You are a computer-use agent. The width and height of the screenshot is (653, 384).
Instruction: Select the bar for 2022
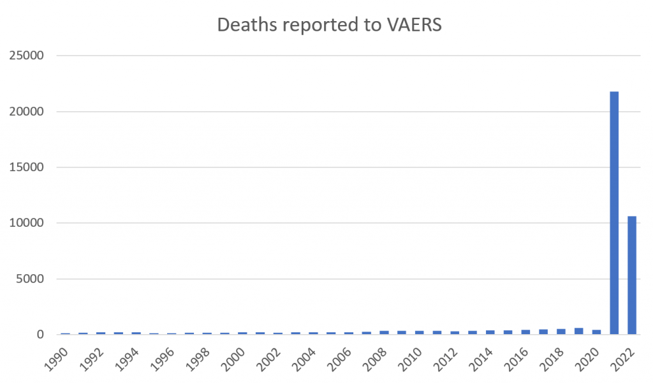[x=632, y=275]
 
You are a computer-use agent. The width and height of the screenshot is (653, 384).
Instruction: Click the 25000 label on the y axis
[x=28, y=56]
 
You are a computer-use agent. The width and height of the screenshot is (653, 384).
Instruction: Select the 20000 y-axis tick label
[x=28, y=112]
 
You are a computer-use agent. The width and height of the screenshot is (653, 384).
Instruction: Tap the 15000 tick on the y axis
[x=28, y=167]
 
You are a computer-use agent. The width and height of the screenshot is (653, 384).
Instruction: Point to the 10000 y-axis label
[x=28, y=223]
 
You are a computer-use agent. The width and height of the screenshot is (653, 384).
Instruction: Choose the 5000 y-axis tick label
[x=31, y=279]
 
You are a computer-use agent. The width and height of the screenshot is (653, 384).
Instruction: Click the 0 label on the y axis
[x=40, y=335]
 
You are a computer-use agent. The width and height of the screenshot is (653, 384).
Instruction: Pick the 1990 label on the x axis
[x=59, y=355]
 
